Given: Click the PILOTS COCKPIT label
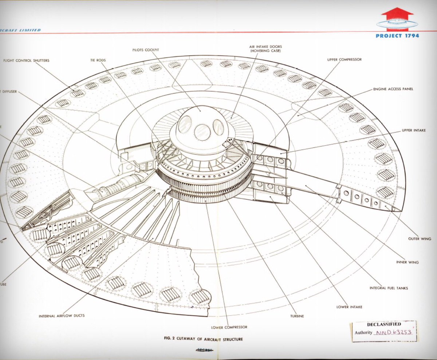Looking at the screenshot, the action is [x=146, y=50].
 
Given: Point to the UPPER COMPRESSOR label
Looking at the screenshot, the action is [x=342, y=59].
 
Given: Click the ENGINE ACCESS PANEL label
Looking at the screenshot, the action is [x=393, y=89].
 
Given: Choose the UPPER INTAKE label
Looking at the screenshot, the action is [x=414, y=130].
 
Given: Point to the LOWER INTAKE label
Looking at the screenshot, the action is [x=349, y=307].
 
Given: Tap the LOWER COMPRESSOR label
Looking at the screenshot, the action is [x=229, y=327].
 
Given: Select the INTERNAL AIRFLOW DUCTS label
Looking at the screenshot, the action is [x=62, y=316].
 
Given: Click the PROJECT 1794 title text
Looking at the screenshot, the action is [x=398, y=36].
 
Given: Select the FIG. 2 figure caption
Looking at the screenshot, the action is [x=203, y=339].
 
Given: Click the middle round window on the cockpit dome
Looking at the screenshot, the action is [x=202, y=132].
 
